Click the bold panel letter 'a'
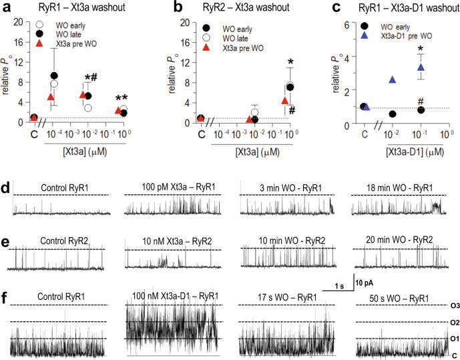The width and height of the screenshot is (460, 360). (7, 9)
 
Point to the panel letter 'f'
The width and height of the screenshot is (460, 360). (6, 290)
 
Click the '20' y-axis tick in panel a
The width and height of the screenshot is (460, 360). (21, 23)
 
